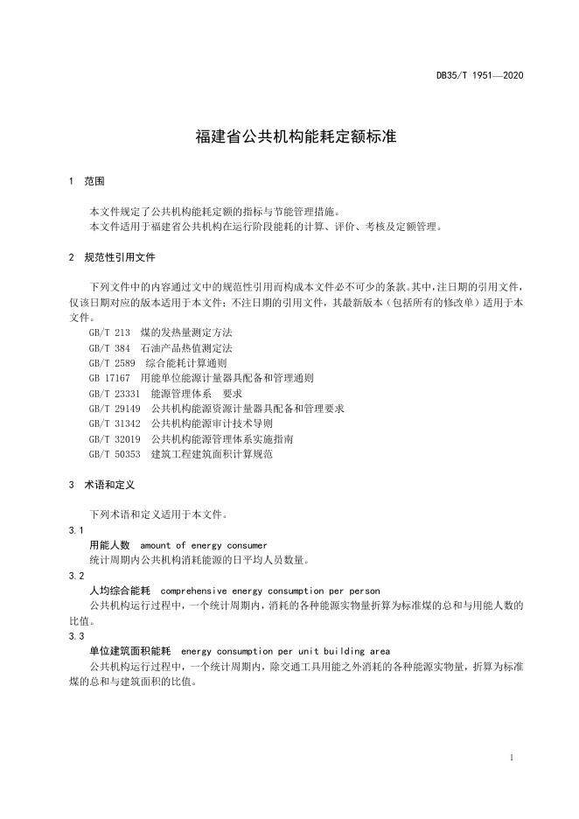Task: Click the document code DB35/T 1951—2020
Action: click(x=479, y=75)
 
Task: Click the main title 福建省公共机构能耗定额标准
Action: click(x=289, y=137)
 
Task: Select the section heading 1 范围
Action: click(x=86, y=182)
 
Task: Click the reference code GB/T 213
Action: click(x=109, y=332)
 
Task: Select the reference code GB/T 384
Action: click(x=109, y=347)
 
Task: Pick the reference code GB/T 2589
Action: click(x=112, y=362)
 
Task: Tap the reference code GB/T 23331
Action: click(x=115, y=394)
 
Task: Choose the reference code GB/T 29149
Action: click(x=115, y=409)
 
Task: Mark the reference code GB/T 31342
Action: click(x=115, y=423)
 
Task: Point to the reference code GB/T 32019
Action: click(x=115, y=438)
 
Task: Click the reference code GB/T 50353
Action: click(x=115, y=454)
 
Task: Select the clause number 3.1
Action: click(x=76, y=530)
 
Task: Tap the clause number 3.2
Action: click(x=76, y=576)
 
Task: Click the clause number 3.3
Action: click(x=76, y=636)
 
